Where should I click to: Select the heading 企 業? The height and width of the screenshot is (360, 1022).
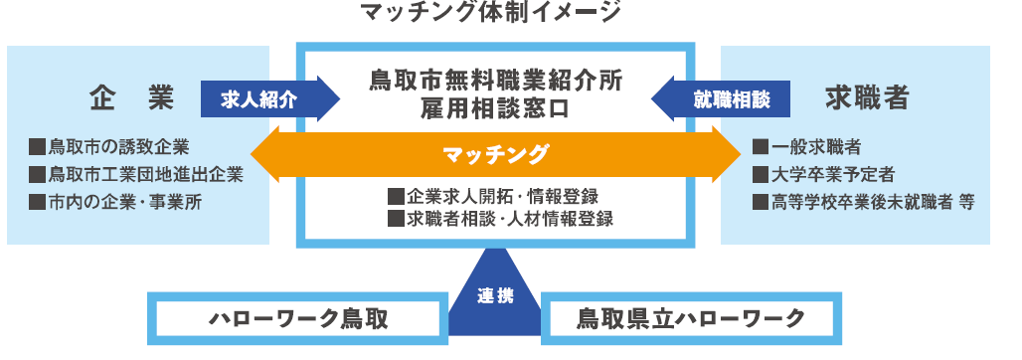pyautogui.click(x=132, y=98)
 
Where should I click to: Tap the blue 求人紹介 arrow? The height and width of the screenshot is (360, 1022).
pyautogui.click(x=262, y=99)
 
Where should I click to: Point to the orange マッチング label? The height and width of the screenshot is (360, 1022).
pyautogui.click(x=496, y=154)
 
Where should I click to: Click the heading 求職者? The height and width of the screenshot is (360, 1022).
pyautogui.click(x=867, y=98)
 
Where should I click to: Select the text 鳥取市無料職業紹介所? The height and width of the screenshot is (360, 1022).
pyautogui.click(x=496, y=81)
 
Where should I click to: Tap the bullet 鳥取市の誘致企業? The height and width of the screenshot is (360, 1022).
pyautogui.click(x=110, y=148)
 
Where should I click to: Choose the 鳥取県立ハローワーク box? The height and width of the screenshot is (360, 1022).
pyautogui.click(x=691, y=318)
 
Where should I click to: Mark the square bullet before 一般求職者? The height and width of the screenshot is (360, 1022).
pyautogui.click(x=761, y=148)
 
